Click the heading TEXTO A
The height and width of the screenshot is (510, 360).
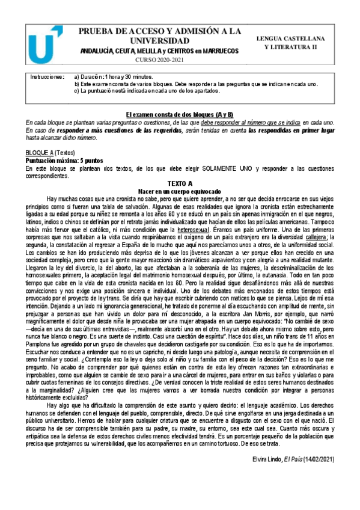(x=180, y=182)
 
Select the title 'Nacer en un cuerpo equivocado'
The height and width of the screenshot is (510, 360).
(x=180, y=190)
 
